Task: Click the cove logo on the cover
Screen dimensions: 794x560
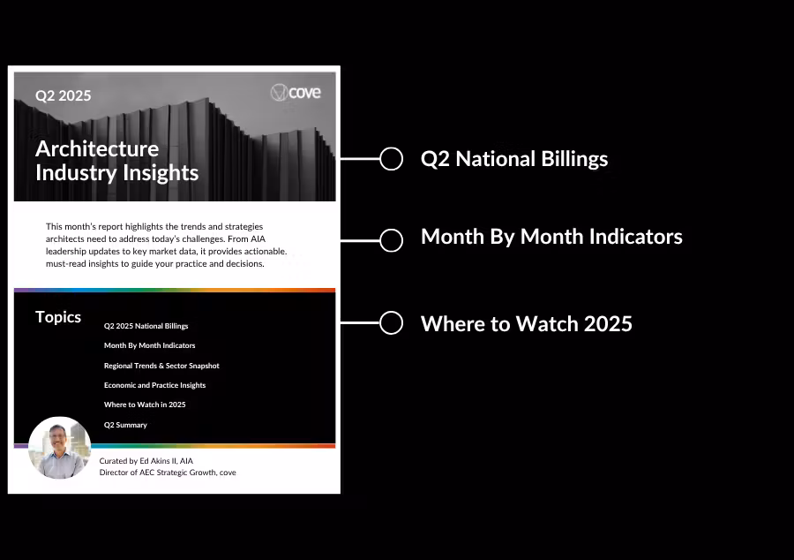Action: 296,93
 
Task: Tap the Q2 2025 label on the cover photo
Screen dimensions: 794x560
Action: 64,95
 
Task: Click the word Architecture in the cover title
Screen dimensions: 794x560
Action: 97,149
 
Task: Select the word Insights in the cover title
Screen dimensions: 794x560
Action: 161,173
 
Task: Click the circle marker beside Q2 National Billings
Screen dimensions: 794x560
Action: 391,159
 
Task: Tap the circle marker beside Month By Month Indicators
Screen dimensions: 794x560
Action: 391,240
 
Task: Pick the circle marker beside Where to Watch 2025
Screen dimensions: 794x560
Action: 391,322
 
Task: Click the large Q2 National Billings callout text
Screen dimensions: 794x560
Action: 514,159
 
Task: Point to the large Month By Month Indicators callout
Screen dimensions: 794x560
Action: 551,237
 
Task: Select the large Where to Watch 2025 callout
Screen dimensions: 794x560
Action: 527,324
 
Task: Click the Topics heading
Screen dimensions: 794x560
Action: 58,317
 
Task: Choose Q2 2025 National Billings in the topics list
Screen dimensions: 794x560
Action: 146,326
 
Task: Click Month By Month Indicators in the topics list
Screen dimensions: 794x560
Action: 149,345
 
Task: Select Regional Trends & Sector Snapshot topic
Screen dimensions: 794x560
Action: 161,366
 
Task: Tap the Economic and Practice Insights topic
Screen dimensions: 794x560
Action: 154,385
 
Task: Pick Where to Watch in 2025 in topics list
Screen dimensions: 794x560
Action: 145,405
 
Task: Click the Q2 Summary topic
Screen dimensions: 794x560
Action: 125,425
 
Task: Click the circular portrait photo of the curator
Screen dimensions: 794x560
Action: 60,448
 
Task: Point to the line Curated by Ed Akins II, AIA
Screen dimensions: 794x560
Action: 146,461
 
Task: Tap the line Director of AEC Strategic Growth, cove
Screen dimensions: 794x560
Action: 168,473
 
